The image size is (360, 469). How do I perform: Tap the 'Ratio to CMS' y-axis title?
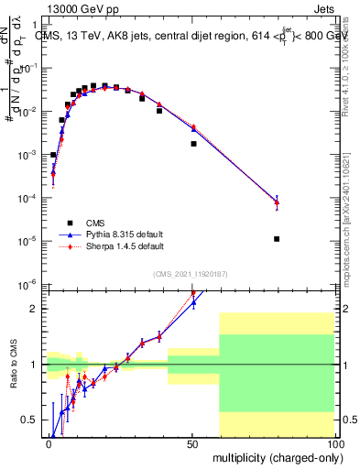point(13,378)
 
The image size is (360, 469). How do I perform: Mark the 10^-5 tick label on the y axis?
point(27,241)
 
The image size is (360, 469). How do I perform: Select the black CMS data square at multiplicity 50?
point(193,144)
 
